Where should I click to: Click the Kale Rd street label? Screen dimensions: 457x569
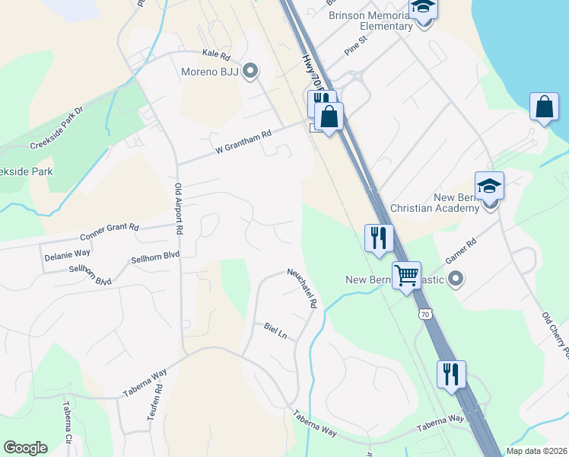pos(216,54)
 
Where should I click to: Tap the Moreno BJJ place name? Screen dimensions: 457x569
pos(209,73)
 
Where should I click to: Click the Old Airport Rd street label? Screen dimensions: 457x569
pos(180,209)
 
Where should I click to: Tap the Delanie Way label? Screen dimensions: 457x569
pos(67,253)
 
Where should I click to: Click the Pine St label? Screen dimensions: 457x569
pos(355,50)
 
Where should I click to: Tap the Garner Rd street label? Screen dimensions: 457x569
pos(460,252)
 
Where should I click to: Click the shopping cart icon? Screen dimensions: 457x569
pos(407,274)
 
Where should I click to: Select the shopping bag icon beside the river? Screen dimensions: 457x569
pos(545,107)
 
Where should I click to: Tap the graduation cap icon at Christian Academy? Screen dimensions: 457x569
pos(489,185)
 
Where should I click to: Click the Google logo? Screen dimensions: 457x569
pos(25,448)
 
